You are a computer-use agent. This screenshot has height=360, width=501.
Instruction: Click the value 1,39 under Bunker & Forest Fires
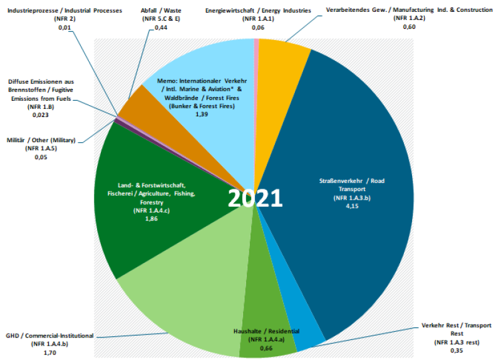coord(201,115)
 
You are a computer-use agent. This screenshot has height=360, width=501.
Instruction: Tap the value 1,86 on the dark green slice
coord(152,219)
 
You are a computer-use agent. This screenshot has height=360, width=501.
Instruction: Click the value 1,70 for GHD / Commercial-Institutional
coord(49,352)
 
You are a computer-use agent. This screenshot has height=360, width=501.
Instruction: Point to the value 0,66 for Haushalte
coord(266,347)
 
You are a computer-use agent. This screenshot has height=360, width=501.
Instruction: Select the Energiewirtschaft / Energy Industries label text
coord(258,11)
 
